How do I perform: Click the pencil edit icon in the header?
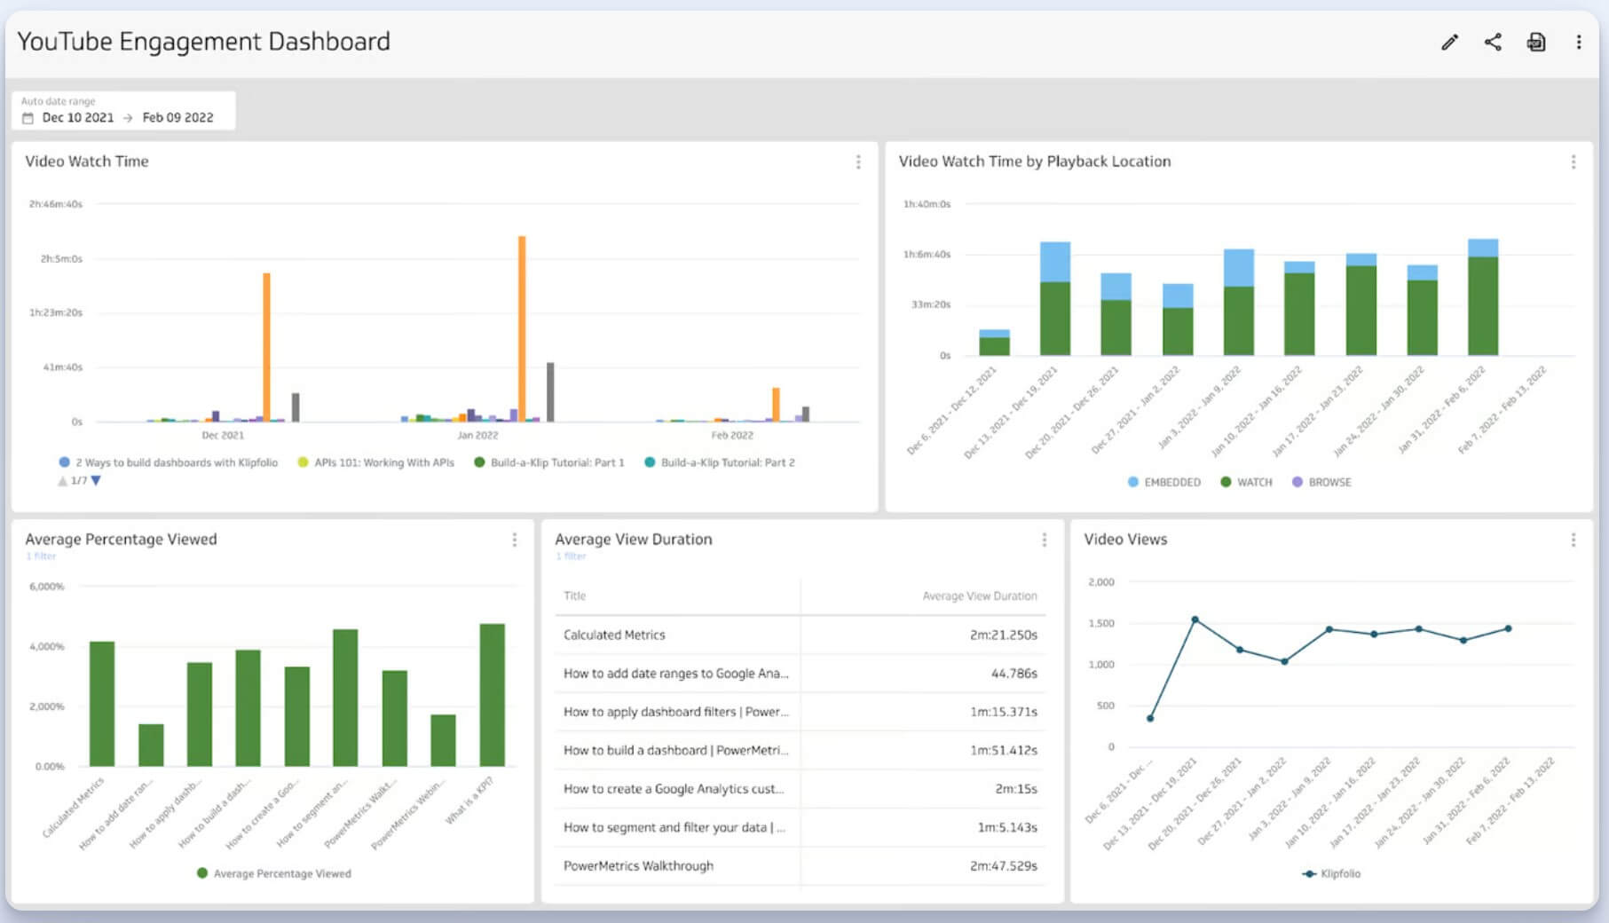click(x=1449, y=42)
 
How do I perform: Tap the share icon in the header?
click(x=1493, y=42)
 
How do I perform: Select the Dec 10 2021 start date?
click(x=78, y=117)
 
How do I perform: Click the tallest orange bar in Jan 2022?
click(x=522, y=328)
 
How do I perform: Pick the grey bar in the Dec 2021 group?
click(x=296, y=407)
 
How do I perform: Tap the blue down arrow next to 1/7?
click(x=96, y=480)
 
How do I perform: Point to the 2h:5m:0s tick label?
click(x=60, y=258)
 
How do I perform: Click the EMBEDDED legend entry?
click(x=1164, y=482)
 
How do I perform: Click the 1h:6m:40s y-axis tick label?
click(x=927, y=254)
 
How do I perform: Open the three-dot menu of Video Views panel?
click(x=1573, y=540)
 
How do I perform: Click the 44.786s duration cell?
click(x=1014, y=673)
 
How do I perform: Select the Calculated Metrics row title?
click(x=614, y=635)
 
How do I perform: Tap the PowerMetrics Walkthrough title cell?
click(x=638, y=865)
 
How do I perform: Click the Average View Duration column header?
click(x=979, y=596)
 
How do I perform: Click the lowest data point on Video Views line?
click(x=1150, y=718)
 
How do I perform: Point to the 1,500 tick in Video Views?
click(x=1101, y=623)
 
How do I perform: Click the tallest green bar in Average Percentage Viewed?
click(x=492, y=694)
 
